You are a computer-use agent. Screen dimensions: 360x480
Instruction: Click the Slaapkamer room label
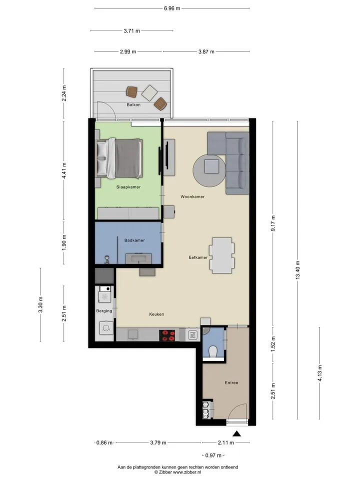pos(128,187)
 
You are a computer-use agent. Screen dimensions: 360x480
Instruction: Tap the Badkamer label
pos(134,240)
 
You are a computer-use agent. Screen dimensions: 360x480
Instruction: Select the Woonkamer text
pos(192,196)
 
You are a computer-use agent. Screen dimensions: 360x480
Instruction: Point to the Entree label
pos(231,382)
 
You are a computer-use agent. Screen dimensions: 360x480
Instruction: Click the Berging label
pos(104,311)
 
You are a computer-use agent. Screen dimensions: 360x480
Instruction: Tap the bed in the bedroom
pos(119,158)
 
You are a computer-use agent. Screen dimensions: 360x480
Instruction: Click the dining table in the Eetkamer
pos(222,255)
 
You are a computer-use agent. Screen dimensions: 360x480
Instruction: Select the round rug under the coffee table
pos(209,171)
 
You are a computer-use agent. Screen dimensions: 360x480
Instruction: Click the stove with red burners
pos(167,335)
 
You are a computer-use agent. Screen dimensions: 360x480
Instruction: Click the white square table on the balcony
pos(149,93)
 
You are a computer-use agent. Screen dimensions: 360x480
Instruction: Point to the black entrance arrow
pos(236,433)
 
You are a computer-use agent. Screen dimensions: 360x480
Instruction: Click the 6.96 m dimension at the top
pos(171,8)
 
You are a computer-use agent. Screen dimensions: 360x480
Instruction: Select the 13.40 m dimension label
pos(297,270)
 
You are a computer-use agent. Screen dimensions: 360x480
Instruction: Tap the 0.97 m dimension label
pos(213,455)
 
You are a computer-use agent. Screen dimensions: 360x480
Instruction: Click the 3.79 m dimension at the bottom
pos(158,442)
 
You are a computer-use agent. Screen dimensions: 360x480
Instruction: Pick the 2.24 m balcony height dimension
pos(63,93)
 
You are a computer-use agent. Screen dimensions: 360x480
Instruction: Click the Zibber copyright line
pos(177,472)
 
